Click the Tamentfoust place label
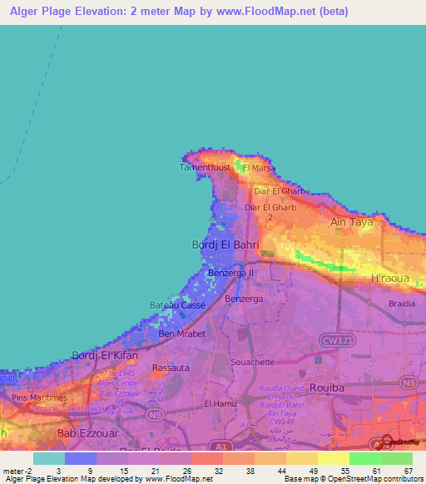(205, 167)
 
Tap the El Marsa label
(258, 168)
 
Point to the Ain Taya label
(351, 223)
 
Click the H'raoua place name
(389, 278)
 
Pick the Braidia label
(402, 304)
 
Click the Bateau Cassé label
(177, 305)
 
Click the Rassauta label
(170, 367)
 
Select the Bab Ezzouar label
(84, 433)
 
